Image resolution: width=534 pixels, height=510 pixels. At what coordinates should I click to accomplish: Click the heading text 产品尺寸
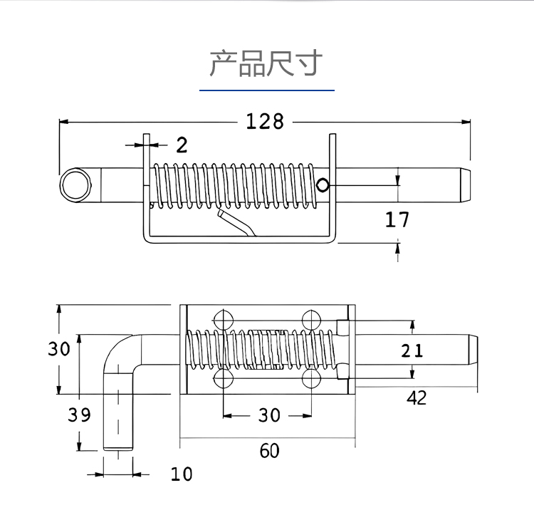click(266, 63)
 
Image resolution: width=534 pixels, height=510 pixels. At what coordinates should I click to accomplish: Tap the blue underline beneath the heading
click(266, 90)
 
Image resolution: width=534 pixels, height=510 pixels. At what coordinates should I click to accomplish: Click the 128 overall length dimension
click(265, 122)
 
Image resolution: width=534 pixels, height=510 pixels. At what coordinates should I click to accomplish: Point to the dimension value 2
click(182, 145)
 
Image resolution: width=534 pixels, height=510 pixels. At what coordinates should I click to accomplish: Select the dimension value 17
click(397, 219)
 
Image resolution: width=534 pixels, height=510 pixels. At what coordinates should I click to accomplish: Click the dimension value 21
click(412, 350)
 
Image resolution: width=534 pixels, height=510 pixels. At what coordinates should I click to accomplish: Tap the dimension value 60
click(269, 451)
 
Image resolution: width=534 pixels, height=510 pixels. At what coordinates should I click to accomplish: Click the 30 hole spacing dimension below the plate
click(268, 415)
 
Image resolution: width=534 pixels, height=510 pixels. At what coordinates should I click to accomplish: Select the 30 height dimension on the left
click(59, 350)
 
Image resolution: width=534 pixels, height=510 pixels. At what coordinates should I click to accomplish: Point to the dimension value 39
click(80, 415)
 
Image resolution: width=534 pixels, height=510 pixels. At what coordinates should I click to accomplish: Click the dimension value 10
click(182, 474)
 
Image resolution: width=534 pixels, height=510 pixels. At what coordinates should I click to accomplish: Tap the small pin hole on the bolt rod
click(323, 185)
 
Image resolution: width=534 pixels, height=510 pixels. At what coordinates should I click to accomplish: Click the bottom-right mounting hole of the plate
click(311, 378)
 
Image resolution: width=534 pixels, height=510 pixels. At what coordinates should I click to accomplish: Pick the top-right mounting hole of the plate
click(311, 320)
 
